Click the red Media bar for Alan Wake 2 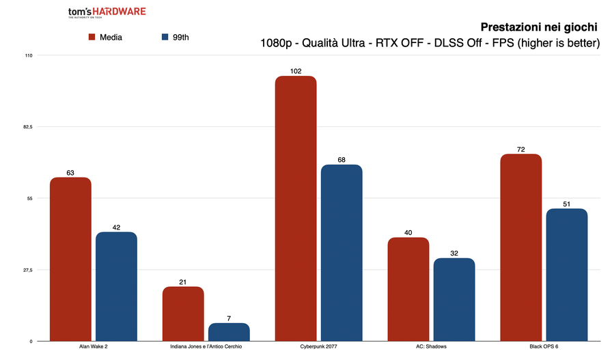click(70, 259)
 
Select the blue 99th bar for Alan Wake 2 click(116, 286)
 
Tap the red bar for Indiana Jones click(183, 314)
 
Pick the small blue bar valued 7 click(229, 332)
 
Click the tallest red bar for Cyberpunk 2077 click(296, 208)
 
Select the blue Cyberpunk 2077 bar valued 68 click(342, 253)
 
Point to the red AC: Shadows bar click(408, 289)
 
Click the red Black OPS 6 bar click(520, 247)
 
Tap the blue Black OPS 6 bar click(566, 275)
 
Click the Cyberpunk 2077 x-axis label click(318, 347)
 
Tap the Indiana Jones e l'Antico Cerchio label click(206, 347)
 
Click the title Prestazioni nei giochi click(540, 27)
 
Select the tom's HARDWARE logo click(107, 13)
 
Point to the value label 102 click(296, 70)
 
